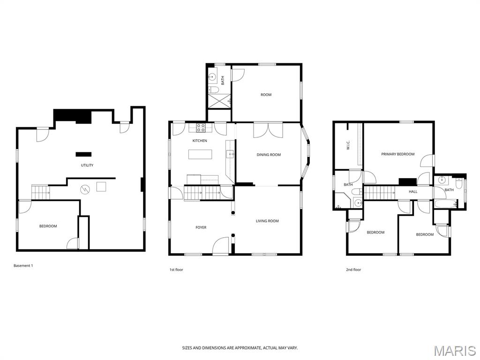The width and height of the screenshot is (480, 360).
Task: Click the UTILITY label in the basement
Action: tap(87, 165)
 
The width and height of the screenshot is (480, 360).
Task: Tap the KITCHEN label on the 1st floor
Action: tap(200, 141)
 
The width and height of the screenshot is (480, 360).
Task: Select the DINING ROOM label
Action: tap(269, 155)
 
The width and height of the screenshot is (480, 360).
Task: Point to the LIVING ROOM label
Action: tap(267, 221)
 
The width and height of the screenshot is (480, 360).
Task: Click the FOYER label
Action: tap(201, 227)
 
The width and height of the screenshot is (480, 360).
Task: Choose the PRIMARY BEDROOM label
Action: tap(397, 154)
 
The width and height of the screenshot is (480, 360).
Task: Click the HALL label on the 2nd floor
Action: tap(413, 192)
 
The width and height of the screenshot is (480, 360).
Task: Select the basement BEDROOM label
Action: tap(48, 226)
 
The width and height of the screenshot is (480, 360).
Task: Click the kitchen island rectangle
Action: tap(200, 154)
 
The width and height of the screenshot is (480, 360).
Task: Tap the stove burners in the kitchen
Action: tap(201, 127)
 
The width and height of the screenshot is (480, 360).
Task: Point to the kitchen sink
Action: tap(230, 154)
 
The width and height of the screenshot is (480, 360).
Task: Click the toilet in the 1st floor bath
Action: tap(213, 90)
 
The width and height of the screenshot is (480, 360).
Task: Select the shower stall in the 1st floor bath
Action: tap(219, 101)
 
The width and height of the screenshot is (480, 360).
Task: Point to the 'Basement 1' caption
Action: tap(23, 266)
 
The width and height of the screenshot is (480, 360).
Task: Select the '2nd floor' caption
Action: tap(353, 270)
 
